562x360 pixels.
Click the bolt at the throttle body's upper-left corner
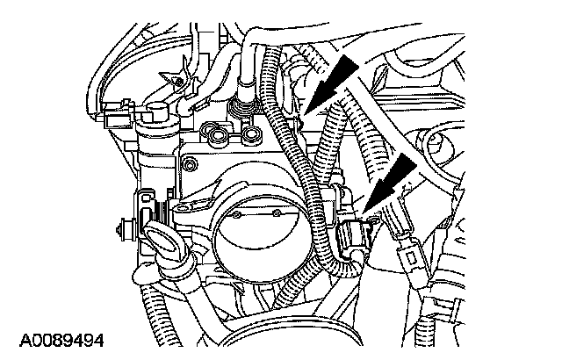[187, 163]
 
